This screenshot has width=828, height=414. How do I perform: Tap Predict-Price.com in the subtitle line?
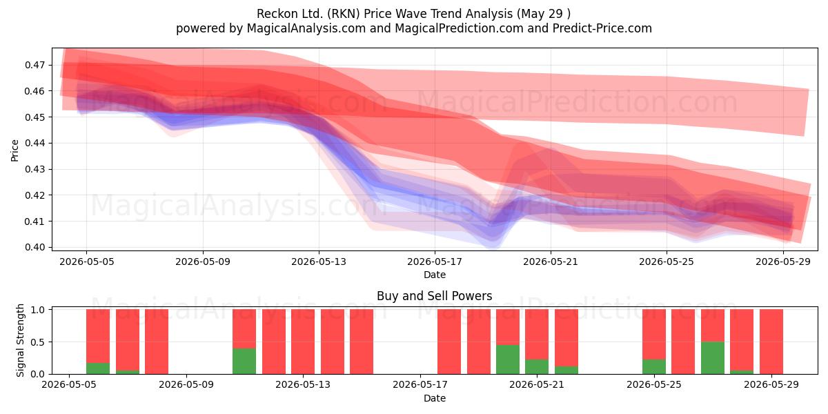(x=602, y=28)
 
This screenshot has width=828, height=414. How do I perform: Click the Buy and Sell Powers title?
(x=434, y=296)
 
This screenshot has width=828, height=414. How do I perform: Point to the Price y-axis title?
(x=14, y=150)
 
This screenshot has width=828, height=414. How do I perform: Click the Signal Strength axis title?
(x=20, y=340)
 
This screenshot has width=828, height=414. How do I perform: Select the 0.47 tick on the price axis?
(x=34, y=65)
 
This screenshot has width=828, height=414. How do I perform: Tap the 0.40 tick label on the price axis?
(x=34, y=247)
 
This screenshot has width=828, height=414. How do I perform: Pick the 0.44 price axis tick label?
(x=34, y=143)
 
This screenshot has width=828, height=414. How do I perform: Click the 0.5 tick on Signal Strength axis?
(x=38, y=342)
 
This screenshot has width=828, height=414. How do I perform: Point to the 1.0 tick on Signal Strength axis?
(x=38, y=310)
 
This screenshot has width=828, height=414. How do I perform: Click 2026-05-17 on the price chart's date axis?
(x=435, y=262)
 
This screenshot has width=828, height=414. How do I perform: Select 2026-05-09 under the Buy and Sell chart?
(x=186, y=384)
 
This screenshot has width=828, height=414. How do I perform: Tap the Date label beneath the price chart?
(x=435, y=275)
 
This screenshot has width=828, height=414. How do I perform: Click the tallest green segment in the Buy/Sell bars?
(x=712, y=358)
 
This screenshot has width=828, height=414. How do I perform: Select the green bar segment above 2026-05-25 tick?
(x=654, y=366)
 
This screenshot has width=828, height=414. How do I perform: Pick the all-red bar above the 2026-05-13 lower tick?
(x=303, y=342)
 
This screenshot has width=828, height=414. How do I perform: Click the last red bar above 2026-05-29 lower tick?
(x=771, y=342)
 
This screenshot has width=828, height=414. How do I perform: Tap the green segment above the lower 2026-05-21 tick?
(x=537, y=366)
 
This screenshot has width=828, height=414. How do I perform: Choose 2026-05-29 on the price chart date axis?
(x=783, y=262)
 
